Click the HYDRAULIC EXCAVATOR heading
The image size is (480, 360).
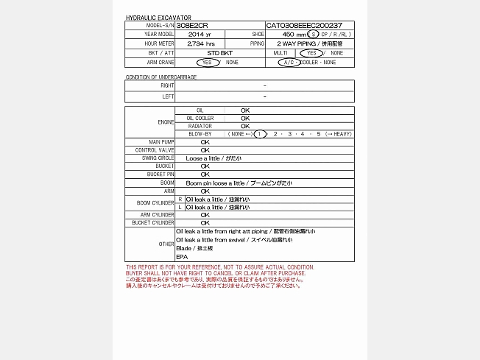tap(158, 18)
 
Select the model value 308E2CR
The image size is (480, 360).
tap(193, 25)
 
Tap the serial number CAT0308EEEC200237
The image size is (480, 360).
tap(304, 25)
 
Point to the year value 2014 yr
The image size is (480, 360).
tap(200, 35)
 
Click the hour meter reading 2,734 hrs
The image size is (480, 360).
tap(200, 43)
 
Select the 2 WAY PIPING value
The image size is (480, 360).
tap(309, 43)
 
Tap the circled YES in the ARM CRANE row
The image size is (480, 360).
tap(208, 63)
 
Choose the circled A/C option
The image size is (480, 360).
tap(289, 63)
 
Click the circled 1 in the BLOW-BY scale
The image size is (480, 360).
tap(260, 134)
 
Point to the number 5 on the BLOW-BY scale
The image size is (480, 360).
tap(319, 134)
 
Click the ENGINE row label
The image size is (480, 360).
tap(166, 122)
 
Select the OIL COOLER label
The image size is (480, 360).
tap(200, 118)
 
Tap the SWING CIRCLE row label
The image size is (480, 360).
tap(158, 158)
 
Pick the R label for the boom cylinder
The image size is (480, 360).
tap(180, 199)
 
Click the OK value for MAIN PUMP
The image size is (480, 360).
tap(205, 141)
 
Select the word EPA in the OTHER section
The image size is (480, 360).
tap(182, 256)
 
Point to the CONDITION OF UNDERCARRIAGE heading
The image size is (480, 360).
tap(161, 77)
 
